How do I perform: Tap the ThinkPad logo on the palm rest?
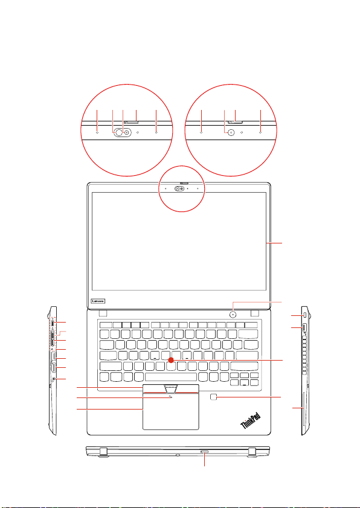pyautogui.click(x=251, y=420)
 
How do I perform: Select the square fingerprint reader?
pyautogui.click(x=213, y=397)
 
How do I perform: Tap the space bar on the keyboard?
pyautogui.click(x=171, y=377)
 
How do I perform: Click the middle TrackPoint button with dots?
pyautogui.click(x=171, y=388)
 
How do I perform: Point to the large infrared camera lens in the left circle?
pyautogui.click(x=118, y=132)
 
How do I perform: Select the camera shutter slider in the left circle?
pyautogui.click(x=131, y=122)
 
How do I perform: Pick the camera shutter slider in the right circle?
pyautogui.click(x=236, y=122)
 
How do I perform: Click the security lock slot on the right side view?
pyautogui.click(x=305, y=315)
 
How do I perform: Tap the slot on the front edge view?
pyautogui.click(x=205, y=451)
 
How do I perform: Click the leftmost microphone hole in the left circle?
pyautogui.click(x=97, y=132)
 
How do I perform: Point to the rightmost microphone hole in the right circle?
pyautogui.click(x=260, y=132)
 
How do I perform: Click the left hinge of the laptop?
pyautogui.click(x=103, y=313)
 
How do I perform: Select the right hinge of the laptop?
pyautogui.click(x=256, y=313)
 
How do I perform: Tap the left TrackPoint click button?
pyautogui.click(x=154, y=388)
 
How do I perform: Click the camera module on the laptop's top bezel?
pyautogui.click(x=182, y=188)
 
